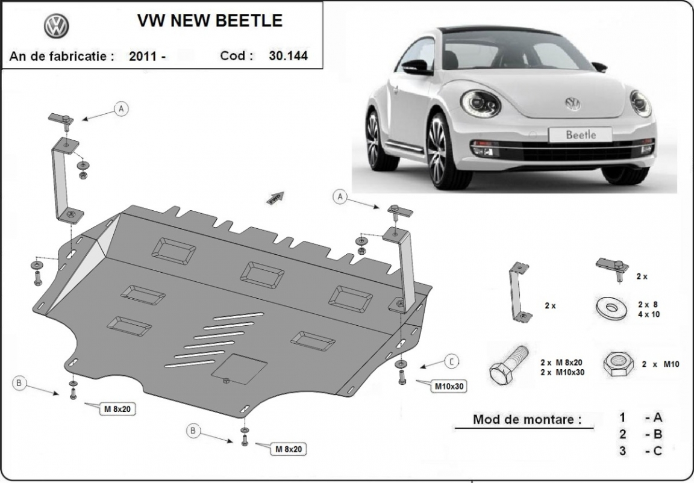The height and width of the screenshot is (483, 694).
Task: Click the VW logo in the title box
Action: click(57, 26)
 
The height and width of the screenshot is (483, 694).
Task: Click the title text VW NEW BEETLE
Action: click(210, 20)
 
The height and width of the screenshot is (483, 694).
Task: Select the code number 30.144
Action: click(289, 56)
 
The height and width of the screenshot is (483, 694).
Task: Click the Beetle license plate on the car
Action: click(580, 134)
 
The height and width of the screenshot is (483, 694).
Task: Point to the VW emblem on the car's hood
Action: click(572, 104)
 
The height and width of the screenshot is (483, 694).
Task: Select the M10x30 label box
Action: click(449, 386)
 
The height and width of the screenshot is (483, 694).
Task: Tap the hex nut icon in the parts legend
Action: click(618, 364)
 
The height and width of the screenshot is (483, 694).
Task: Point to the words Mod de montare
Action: click(527, 420)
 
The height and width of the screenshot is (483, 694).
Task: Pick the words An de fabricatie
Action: click(61, 57)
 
